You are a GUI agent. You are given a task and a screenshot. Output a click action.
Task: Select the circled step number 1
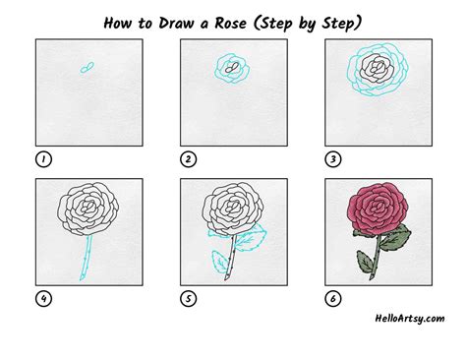tap(43, 159)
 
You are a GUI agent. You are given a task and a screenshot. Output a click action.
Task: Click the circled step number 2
tap(188, 159)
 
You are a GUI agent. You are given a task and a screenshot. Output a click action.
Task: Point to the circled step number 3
tap(333, 159)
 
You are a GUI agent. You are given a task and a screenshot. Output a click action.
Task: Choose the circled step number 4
tap(43, 299)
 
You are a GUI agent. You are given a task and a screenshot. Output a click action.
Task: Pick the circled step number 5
tap(188, 299)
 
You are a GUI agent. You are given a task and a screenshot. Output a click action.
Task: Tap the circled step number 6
tap(333, 299)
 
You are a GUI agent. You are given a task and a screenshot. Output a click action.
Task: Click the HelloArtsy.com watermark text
tap(410, 319)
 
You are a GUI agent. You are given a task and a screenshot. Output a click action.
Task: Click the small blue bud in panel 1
tap(87, 68)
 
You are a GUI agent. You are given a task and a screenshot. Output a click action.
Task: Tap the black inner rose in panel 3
tap(378, 68)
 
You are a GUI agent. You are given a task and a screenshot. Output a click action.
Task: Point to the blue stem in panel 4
tap(86, 258)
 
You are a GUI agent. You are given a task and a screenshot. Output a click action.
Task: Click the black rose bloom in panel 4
tap(88, 209)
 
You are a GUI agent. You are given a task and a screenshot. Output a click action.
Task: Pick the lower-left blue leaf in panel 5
tap(220, 261)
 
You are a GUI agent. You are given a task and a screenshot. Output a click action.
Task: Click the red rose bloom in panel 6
tap(379, 209)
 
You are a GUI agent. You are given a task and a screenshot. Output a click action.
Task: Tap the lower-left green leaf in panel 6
tap(366, 262)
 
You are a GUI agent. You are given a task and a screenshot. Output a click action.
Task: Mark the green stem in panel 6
tap(377, 258)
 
